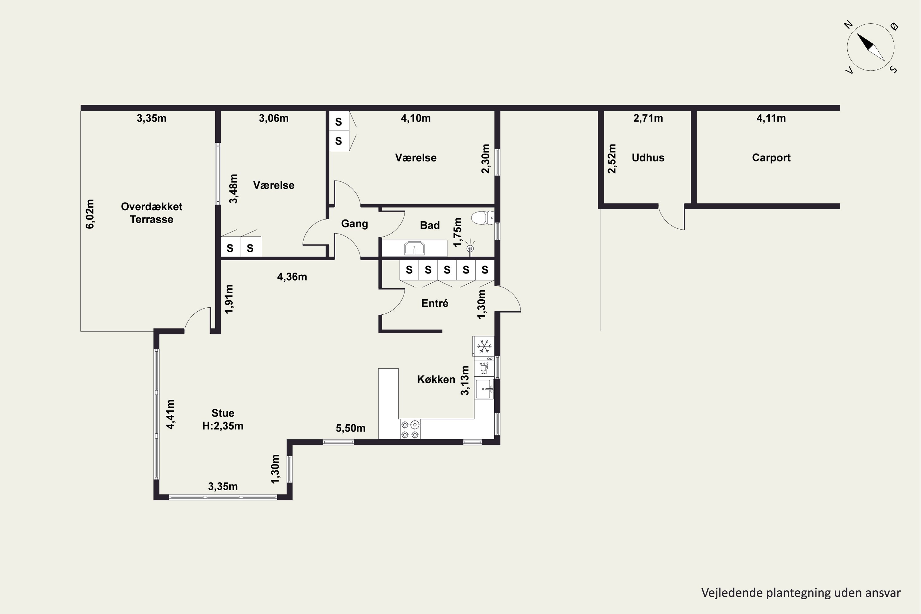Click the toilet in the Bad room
[482, 218]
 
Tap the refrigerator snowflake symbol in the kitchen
[484, 346]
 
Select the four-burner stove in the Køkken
[410, 429]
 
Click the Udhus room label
[648, 158]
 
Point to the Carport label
[771, 158]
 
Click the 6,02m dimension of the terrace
[90, 214]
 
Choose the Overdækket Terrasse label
[152, 213]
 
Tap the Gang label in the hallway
[354, 223]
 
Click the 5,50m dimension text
[351, 428]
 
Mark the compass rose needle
[870, 47]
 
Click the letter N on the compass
[848, 25]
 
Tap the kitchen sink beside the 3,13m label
[484, 389]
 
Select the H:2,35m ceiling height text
[223, 426]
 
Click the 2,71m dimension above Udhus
[648, 118]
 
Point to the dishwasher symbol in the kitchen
[484, 368]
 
